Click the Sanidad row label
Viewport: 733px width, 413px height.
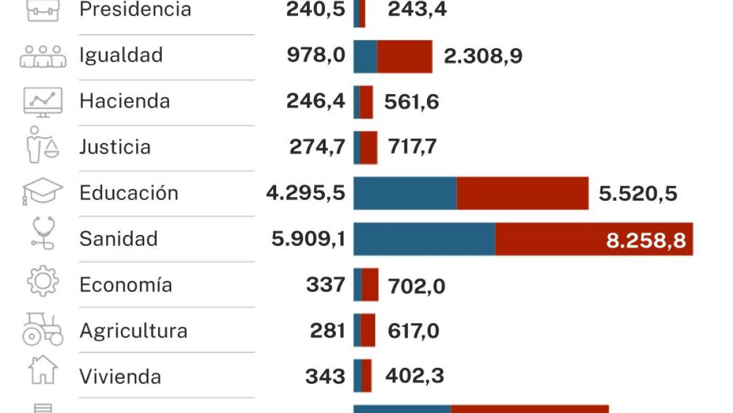[x=119, y=239]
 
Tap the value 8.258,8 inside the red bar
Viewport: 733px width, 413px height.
[x=646, y=240]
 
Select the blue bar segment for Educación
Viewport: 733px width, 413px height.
[x=405, y=193]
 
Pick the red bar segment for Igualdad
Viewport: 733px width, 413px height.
[x=404, y=56]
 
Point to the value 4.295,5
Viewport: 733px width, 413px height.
[x=305, y=193]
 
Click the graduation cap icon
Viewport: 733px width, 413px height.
[x=42, y=192]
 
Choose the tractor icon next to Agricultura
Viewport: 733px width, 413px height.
[x=43, y=329]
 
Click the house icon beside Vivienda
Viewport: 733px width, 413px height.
[x=43, y=370]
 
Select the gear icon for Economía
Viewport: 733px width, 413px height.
[x=43, y=281]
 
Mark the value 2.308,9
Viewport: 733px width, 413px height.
[x=483, y=56]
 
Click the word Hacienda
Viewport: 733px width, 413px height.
[x=125, y=101]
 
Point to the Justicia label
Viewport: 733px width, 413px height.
[x=115, y=147]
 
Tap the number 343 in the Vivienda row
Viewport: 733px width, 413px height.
[x=325, y=376]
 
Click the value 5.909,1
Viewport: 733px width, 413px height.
[x=308, y=239]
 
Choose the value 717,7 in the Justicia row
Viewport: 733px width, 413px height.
[x=412, y=147]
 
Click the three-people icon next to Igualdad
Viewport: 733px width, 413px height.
[x=43, y=56]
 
